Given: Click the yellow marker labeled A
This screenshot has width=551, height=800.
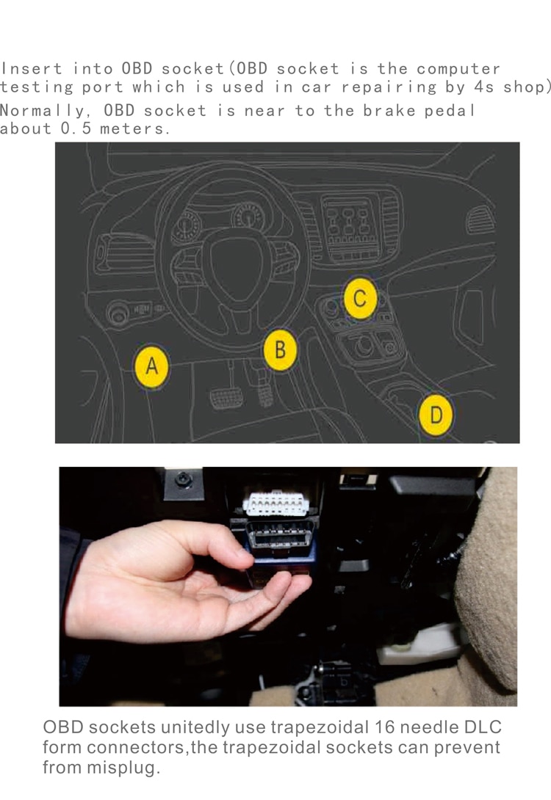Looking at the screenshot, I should [151, 365].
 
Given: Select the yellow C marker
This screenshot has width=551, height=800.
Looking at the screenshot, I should [360, 299].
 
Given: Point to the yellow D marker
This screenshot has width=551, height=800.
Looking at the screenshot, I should [436, 415].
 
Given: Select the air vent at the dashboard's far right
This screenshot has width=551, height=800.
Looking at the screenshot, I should [481, 219].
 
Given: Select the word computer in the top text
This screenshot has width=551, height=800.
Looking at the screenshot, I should [458, 69].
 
